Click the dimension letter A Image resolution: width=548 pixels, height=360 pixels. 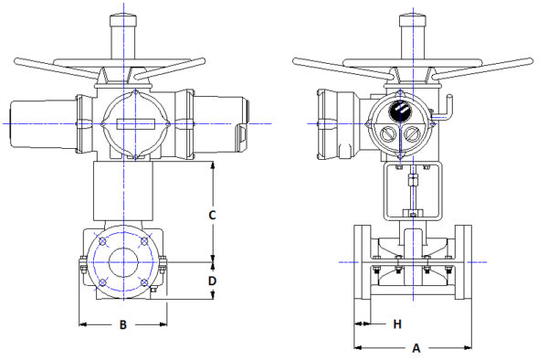(416, 348)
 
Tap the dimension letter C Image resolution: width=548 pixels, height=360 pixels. (211, 216)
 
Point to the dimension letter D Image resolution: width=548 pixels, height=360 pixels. (211, 281)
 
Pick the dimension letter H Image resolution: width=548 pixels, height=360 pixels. (397, 323)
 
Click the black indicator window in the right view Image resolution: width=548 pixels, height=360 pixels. (400, 112)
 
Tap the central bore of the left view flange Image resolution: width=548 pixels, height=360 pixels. (122, 263)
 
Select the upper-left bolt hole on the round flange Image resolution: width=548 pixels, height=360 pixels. (104, 242)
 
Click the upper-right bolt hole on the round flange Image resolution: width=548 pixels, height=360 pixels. (144, 242)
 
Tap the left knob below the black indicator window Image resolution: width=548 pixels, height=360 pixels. (388, 136)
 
